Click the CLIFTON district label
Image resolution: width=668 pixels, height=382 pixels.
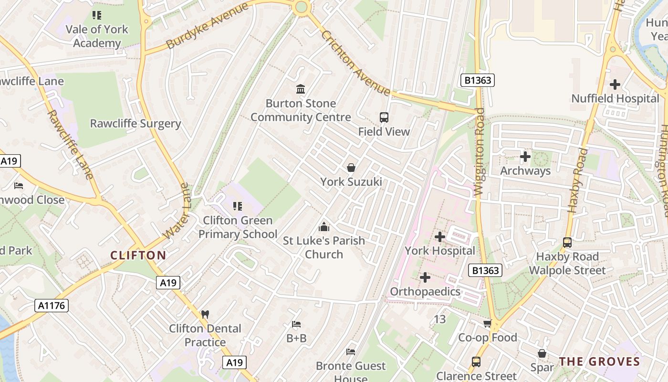[138, 255]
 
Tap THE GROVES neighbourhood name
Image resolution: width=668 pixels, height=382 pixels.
[599, 361]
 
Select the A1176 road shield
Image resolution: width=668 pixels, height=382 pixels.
[52, 306]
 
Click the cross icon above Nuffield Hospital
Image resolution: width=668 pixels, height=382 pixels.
[615, 85]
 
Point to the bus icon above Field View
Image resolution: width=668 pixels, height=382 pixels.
[384, 117]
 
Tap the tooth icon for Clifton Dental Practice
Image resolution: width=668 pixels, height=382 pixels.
[205, 314]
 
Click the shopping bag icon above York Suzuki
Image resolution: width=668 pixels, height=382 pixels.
[351, 168]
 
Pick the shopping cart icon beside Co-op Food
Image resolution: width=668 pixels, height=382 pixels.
[488, 324]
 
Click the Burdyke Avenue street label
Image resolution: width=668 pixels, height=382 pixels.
[208, 26]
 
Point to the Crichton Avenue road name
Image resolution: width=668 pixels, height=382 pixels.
[355, 63]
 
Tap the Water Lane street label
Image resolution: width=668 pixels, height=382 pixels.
[177, 211]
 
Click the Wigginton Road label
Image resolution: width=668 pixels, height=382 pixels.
[480, 152]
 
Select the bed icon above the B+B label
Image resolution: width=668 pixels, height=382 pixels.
[296, 325]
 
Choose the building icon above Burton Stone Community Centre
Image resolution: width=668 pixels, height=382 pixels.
[301, 89]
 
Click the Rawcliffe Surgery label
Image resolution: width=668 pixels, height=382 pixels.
[136, 124]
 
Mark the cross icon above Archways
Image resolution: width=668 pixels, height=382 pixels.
[525, 157]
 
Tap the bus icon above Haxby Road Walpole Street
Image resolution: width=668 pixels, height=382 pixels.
[567, 243]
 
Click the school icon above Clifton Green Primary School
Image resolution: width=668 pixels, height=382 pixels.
[237, 206]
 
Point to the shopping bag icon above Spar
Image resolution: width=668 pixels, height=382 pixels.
[542, 354]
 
